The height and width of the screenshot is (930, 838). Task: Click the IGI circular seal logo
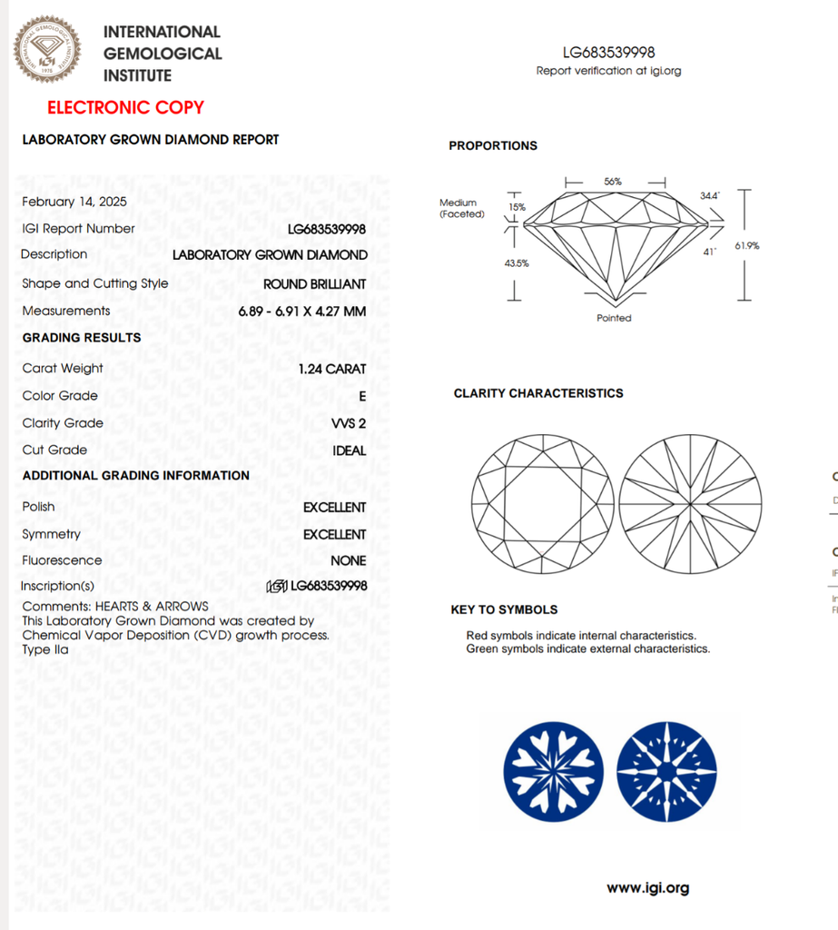click(46, 49)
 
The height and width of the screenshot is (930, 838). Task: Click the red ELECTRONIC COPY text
click(125, 108)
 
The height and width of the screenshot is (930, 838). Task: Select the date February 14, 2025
click(74, 202)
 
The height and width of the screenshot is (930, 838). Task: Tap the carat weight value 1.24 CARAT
click(332, 369)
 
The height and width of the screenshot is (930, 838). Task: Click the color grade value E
click(362, 396)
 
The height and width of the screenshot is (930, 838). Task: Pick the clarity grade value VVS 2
click(349, 423)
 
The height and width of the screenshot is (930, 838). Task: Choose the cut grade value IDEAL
click(350, 450)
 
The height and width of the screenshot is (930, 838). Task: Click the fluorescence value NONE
click(349, 561)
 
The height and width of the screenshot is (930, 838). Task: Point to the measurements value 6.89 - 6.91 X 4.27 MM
click(302, 312)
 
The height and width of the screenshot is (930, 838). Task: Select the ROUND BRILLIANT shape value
click(315, 284)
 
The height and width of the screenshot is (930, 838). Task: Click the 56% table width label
click(613, 182)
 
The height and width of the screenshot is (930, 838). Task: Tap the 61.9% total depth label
click(748, 245)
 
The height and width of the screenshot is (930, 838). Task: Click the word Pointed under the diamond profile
click(614, 318)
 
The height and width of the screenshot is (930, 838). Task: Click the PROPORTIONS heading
click(493, 146)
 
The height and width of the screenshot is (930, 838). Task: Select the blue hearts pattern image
click(553, 772)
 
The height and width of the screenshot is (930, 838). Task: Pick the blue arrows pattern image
click(666, 772)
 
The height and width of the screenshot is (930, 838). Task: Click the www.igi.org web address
click(647, 888)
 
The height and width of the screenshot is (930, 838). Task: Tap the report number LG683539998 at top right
click(608, 53)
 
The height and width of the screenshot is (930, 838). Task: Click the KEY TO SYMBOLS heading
click(504, 609)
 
